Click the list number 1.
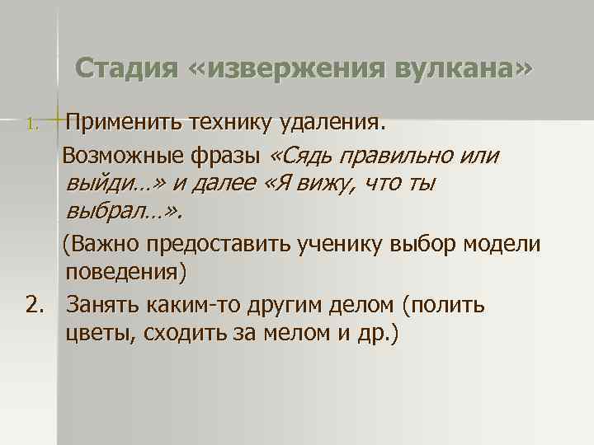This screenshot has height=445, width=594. (x=31, y=125)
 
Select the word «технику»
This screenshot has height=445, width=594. (x=231, y=123)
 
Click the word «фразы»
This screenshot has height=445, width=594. (x=232, y=156)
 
